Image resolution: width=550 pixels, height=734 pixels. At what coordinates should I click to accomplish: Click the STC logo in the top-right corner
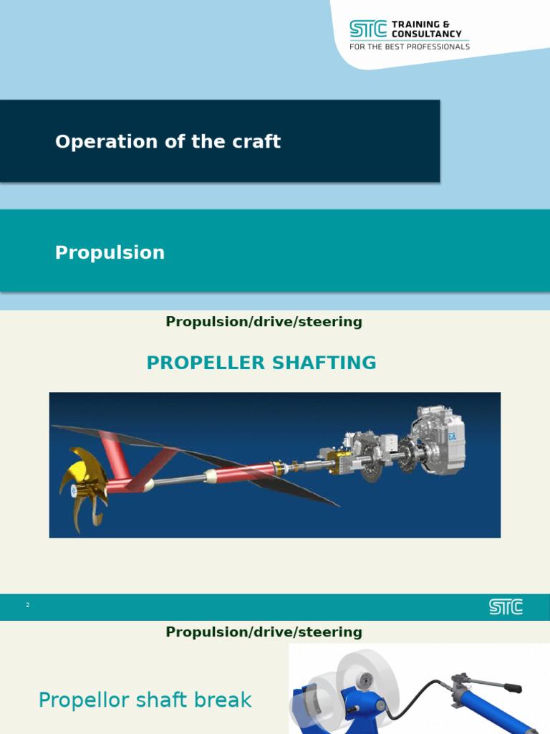pos(367,29)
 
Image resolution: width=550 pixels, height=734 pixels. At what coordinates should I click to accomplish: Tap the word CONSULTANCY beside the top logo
pos(426,34)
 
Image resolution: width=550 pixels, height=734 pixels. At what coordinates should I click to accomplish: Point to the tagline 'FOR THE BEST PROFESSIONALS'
pos(409,47)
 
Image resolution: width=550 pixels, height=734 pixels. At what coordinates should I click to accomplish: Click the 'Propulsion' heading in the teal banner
pos(110,252)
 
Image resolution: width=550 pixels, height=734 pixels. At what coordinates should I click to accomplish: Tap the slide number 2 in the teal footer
pos(27,606)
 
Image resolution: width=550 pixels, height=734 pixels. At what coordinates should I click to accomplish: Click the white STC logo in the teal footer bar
pos(506,607)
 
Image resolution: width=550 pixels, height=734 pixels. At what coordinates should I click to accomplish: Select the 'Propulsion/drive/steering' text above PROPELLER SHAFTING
pos(264,322)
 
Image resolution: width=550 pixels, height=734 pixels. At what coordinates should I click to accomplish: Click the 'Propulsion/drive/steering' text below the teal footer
pos(264,632)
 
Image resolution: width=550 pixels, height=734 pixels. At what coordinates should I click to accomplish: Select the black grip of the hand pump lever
pos(512,689)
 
